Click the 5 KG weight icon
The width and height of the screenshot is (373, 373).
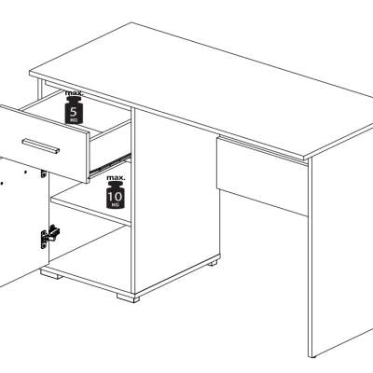coord(74,110)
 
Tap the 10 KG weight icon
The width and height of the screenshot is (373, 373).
coord(115,195)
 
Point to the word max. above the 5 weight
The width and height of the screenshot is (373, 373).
coord(74,92)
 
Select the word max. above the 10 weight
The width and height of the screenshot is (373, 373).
coord(116,178)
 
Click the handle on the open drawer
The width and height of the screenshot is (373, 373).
coord(41,146)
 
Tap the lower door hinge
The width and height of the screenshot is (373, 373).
coord(49,237)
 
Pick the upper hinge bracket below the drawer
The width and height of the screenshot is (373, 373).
coord(44,173)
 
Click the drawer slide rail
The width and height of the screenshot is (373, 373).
coord(110,163)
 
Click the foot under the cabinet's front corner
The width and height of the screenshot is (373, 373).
coord(128,297)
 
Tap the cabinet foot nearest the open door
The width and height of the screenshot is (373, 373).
coord(52,274)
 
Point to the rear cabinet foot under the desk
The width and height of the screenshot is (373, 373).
coord(213,263)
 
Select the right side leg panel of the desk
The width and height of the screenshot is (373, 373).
coord(340,245)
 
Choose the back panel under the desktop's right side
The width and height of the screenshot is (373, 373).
coord(263,175)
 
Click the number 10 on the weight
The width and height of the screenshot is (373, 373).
coord(115,196)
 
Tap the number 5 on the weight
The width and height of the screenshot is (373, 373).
coord(74,112)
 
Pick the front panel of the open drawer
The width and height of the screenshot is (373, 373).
coord(44,144)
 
